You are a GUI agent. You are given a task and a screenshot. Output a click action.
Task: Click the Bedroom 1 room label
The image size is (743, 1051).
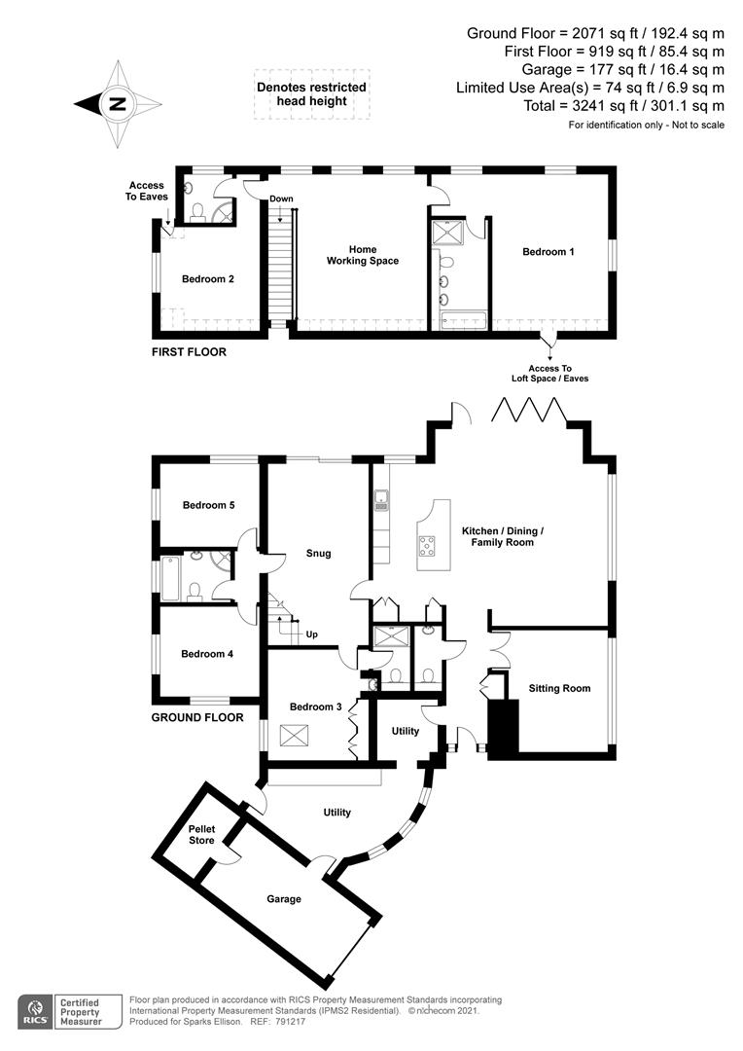548,252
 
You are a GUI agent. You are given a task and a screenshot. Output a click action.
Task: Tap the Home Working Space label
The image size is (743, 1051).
362,255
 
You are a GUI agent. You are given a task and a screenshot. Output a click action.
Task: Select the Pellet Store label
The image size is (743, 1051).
201,834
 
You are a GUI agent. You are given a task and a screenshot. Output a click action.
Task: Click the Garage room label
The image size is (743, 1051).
284,899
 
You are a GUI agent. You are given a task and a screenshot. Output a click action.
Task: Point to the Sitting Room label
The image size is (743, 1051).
559,688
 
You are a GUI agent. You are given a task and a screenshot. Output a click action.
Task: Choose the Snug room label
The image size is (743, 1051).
318,553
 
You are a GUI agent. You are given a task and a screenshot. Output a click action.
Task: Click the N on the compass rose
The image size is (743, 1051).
117,103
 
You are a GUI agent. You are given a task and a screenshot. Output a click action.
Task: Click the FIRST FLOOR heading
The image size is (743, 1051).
189,351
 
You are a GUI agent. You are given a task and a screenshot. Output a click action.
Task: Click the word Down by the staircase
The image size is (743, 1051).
282,199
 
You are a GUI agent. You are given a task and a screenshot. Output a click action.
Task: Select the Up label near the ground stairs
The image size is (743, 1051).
311,634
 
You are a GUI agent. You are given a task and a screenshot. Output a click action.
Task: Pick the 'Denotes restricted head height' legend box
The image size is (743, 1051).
311,93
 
